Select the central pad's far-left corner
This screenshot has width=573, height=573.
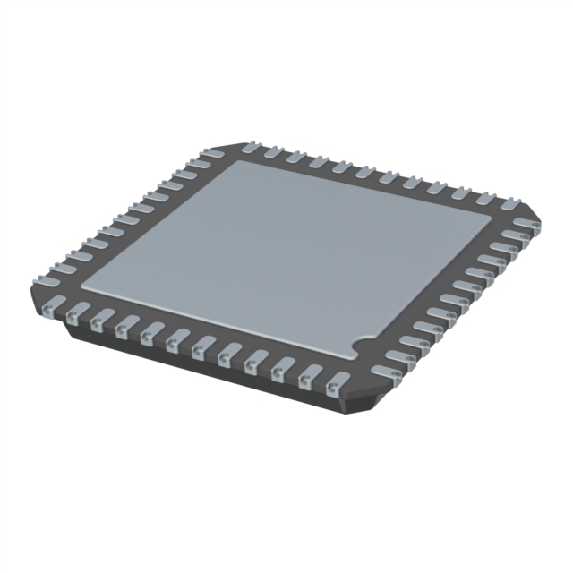point(235,165)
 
